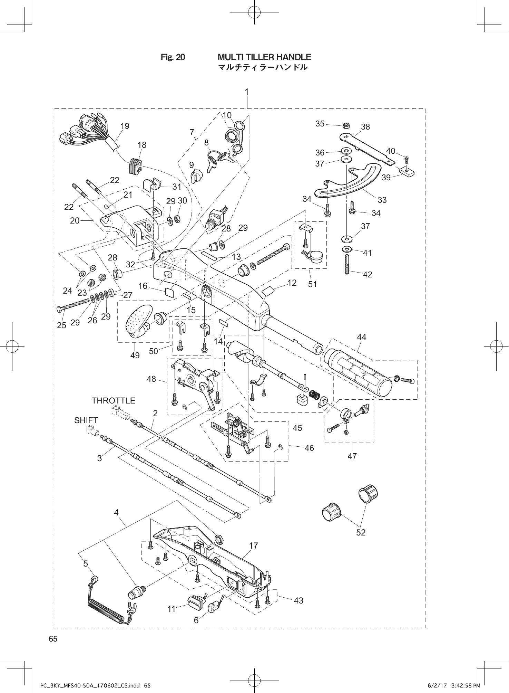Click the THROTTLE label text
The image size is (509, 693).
coord(113,401)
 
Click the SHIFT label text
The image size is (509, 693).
coord(86,420)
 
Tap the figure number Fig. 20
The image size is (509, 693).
coord(173,57)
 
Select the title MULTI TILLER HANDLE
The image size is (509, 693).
coord(264,57)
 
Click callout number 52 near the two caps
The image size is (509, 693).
coord(361,532)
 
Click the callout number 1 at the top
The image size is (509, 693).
coord(247,92)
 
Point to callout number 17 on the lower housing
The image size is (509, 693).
coord(253,546)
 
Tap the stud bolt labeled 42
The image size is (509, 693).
coord(347,264)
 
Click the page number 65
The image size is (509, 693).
coord(53,639)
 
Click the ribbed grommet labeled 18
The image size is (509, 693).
coord(136,166)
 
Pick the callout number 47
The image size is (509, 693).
coord(352,456)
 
